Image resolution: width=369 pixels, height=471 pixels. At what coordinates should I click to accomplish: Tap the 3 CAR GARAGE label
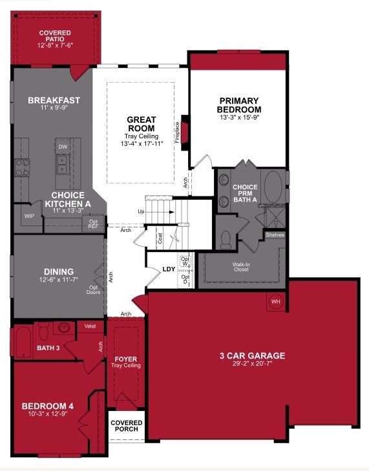[x=251, y=355]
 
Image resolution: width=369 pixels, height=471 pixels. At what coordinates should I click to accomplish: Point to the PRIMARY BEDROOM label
[x=238, y=105]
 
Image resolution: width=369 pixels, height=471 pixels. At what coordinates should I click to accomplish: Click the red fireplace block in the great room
[x=184, y=130]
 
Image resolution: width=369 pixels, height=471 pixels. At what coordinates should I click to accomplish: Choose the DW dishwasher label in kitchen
[x=63, y=147]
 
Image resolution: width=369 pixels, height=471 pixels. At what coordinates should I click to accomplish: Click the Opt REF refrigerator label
[x=93, y=224]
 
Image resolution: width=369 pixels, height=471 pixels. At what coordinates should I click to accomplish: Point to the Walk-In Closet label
[x=242, y=267]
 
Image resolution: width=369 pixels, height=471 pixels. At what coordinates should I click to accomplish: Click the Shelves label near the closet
[x=275, y=235]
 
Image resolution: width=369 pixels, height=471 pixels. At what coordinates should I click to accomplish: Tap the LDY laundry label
[x=169, y=269]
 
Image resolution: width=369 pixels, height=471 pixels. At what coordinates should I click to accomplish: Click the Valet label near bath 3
[x=90, y=326]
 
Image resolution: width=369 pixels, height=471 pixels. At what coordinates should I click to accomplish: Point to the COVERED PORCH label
[x=126, y=426]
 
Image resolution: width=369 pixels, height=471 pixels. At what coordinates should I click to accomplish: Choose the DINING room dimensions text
[x=59, y=280]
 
